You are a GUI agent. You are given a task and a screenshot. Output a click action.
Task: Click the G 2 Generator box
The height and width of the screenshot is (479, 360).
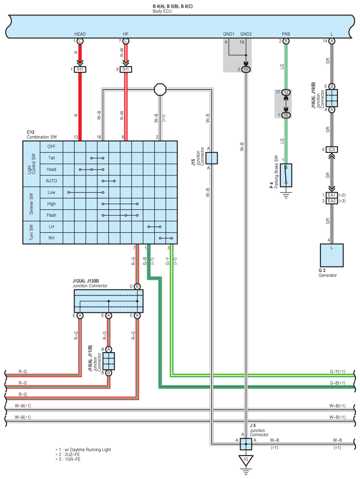point(332,255)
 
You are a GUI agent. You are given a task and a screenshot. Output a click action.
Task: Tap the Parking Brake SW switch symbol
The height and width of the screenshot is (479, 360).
point(286,175)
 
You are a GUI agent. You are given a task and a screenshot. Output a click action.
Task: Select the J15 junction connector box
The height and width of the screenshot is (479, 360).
point(212,158)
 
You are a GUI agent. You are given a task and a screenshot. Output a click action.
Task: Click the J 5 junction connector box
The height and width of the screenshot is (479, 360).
point(246,444)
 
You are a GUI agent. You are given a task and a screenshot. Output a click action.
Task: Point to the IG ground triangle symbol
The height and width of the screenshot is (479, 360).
point(246,460)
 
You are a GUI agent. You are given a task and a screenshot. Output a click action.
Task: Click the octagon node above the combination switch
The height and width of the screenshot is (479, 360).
point(160,89)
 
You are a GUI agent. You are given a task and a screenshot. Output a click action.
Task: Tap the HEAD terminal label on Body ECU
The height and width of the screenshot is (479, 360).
point(80,34)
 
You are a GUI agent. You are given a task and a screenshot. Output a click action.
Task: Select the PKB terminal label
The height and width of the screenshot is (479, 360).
point(286,34)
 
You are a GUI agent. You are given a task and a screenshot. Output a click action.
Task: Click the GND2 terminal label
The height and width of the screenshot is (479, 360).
point(246,34)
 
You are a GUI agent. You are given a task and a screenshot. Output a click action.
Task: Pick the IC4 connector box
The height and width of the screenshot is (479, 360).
point(332,149)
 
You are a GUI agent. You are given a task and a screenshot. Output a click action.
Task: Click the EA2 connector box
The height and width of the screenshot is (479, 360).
point(332,201)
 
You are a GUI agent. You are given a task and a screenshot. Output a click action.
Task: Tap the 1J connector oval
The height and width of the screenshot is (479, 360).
point(286,92)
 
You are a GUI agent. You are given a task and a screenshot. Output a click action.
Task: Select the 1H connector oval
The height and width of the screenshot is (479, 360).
point(246,69)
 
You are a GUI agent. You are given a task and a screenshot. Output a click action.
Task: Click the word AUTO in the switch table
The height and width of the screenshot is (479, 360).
point(51,181)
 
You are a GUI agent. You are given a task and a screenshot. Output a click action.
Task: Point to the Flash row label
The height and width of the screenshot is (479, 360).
point(51,215)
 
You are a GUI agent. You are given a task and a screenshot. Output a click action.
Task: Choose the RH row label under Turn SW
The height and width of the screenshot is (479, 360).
point(51,238)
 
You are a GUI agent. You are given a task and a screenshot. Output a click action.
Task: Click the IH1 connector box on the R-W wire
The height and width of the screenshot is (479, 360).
point(126,69)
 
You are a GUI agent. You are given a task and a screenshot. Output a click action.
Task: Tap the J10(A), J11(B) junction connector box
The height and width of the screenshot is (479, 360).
point(108,361)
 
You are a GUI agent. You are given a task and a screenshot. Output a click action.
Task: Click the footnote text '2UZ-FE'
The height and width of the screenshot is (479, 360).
point(72,454)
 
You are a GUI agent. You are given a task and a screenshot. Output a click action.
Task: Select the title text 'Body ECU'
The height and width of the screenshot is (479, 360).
point(162,11)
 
